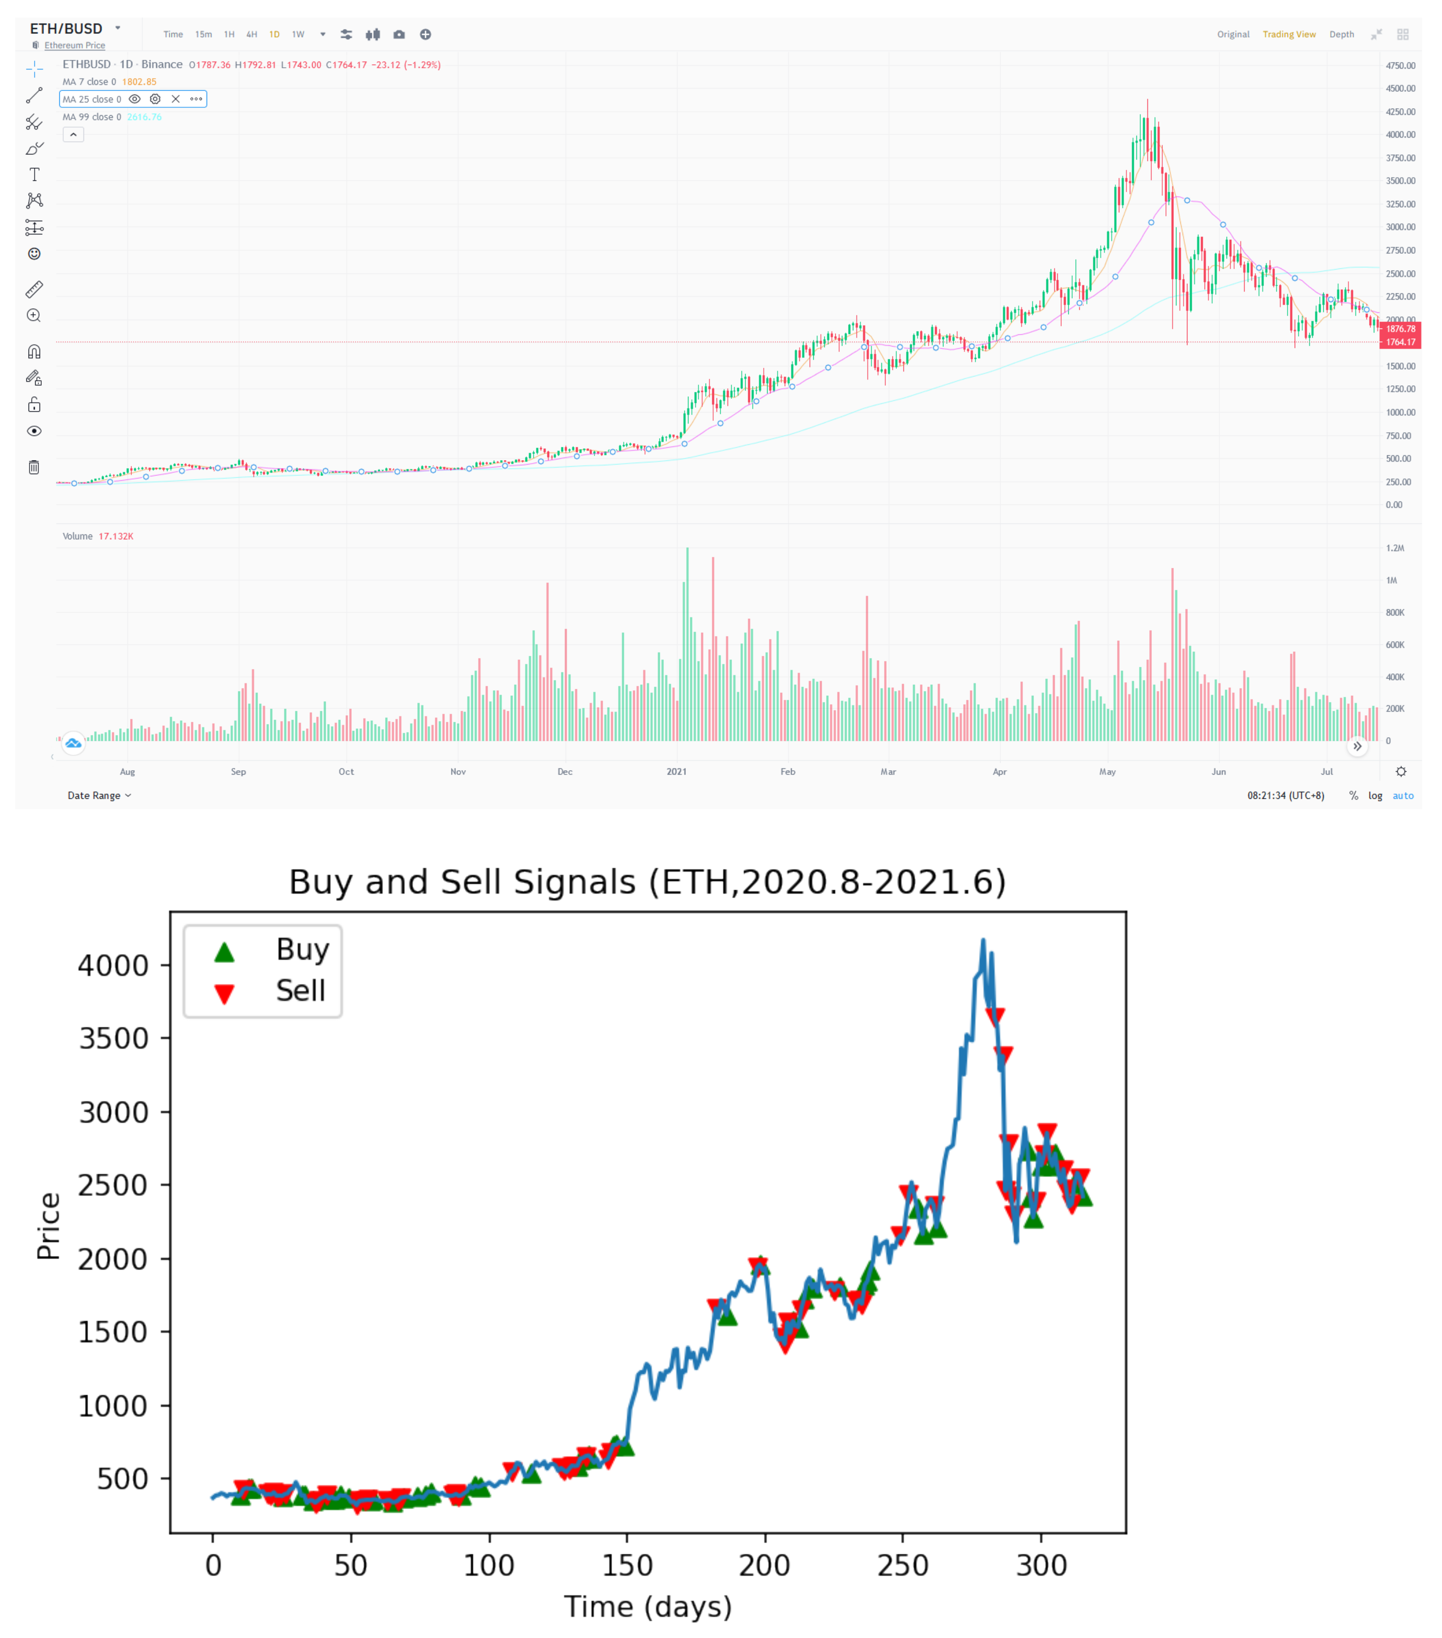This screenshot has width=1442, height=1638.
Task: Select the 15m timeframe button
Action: click(204, 34)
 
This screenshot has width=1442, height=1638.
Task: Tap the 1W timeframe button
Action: click(298, 34)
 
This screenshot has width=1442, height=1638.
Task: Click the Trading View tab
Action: click(1288, 34)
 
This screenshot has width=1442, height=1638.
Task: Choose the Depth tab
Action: click(1341, 34)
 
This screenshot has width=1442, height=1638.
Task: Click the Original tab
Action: click(1232, 34)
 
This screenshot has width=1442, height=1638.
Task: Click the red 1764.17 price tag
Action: click(1399, 342)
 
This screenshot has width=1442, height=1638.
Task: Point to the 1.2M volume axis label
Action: click(1395, 548)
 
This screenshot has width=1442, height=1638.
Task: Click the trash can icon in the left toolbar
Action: click(34, 467)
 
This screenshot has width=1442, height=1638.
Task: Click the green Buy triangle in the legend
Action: click(224, 951)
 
